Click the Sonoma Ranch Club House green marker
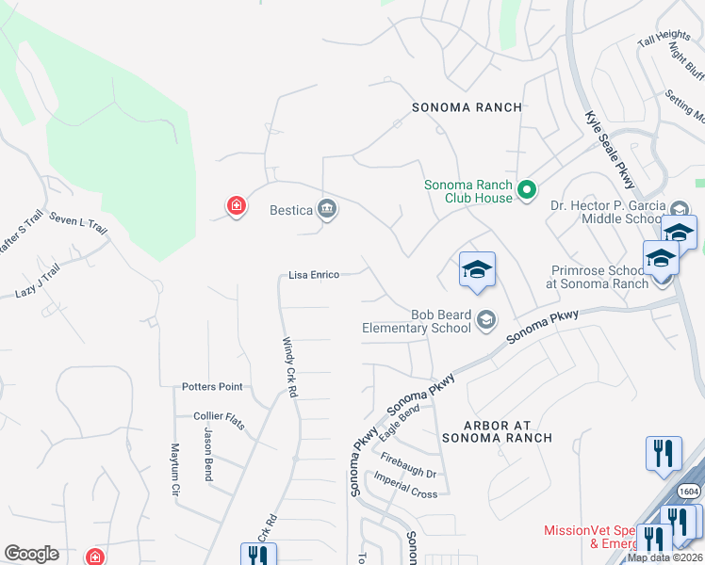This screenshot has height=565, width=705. point(527,191)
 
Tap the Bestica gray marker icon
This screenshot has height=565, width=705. point(327,209)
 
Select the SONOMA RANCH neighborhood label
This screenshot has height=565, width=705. point(467,107)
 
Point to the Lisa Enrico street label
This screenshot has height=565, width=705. point(313,275)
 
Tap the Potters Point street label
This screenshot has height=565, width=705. point(212,387)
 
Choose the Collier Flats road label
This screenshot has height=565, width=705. point(219,420)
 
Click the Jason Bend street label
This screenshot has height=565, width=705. point(209,453)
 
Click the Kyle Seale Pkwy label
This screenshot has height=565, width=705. point(610,150)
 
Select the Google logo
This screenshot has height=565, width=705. point(32,554)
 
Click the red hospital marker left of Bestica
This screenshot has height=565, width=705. point(236,205)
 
